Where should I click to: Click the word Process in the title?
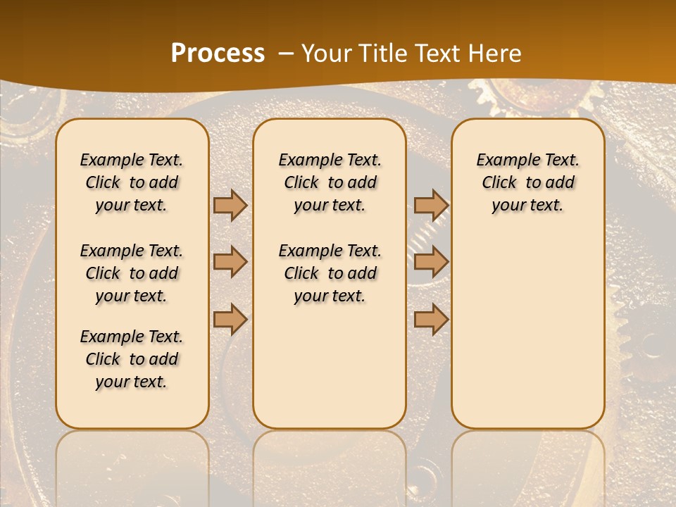tap(218, 54)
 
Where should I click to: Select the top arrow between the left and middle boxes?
tap(230, 205)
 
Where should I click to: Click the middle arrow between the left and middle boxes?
tap(230, 263)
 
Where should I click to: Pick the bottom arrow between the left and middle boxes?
tap(230, 320)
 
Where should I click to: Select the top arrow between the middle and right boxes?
tap(431, 205)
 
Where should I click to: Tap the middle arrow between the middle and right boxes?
tap(431, 263)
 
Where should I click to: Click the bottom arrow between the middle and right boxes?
tap(431, 320)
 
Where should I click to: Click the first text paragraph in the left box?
tap(132, 182)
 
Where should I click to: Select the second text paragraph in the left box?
tap(132, 273)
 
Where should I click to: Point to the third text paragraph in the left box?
tap(132, 359)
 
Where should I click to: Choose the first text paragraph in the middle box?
tap(330, 182)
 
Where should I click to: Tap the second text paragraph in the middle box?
tap(330, 273)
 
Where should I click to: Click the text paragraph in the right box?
tap(527, 182)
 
